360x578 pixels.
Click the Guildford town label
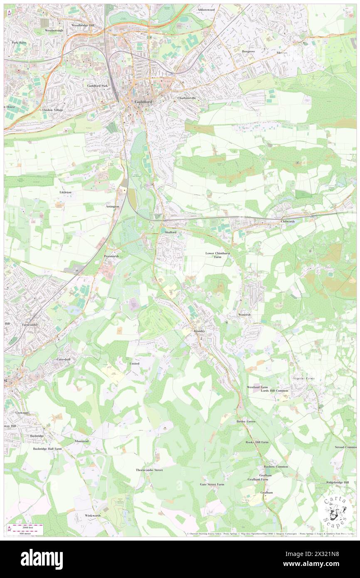click(143, 102)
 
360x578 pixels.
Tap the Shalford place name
click(170, 232)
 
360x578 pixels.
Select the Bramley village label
click(200, 331)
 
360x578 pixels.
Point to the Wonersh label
click(244, 315)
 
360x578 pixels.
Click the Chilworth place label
click(288, 222)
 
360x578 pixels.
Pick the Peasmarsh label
click(111, 256)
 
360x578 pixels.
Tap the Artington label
click(112, 206)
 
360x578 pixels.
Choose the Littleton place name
click(66, 193)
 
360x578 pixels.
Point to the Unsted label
click(134, 363)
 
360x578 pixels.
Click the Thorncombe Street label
click(149, 470)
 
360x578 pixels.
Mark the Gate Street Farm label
click(212, 484)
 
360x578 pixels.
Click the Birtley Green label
click(246, 421)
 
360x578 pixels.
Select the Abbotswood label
click(206, 9)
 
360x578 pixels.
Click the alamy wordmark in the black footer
click(42, 559)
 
